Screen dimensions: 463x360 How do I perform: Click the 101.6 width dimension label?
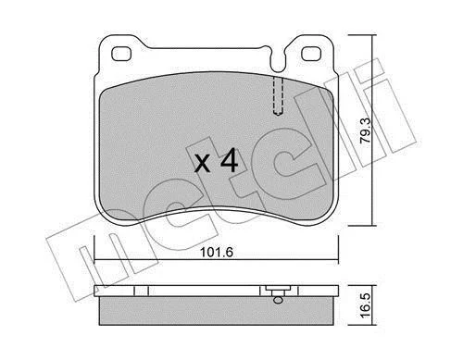tap(217, 252)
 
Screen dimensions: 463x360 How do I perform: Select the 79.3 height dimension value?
tap(367, 130)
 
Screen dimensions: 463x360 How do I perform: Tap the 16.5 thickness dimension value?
tap(367, 305)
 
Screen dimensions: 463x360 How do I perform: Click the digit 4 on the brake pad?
tap(229, 160)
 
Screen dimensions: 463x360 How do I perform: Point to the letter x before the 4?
tap(203, 163)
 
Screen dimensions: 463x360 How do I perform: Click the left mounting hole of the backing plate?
tap(121, 54)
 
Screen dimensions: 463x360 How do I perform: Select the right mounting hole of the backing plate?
tap(311, 54)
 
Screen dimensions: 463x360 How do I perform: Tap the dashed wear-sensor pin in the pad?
tap(278, 95)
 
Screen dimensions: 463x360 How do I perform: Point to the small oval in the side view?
tap(278, 300)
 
